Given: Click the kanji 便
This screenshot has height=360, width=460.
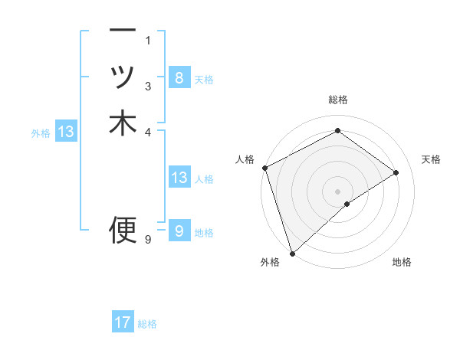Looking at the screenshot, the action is (x=123, y=228).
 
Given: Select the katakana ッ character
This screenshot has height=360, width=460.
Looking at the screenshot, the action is (x=123, y=77).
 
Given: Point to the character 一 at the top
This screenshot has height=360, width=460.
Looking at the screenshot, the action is (x=123, y=31).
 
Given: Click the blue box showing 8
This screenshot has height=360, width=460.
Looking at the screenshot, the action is (x=179, y=77).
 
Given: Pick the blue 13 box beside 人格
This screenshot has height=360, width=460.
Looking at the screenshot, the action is (x=179, y=178).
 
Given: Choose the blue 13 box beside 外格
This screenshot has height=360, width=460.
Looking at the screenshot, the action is (x=66, y=132).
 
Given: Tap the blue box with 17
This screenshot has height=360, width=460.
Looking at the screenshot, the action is (x=123, y=322).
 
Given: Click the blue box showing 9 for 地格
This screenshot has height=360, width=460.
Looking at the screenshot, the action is (x=179, y=231).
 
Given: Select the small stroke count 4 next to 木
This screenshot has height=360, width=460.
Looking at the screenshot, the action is (x=148, y=131).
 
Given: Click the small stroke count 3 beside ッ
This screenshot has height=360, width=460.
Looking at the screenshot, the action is (x=148, y=85).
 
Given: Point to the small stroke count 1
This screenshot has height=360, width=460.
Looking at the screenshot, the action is (x=148, y=40).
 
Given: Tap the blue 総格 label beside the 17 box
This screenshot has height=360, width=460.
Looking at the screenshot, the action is (x=147, y=324).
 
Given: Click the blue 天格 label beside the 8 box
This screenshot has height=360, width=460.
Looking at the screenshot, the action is (x=204, y=80).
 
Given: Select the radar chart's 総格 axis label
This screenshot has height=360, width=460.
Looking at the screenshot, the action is (x=337, y=100).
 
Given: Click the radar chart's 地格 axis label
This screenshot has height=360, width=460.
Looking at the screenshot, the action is (x=402, y=263).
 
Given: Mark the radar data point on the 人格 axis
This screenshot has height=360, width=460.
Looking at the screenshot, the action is (x=264, y=168).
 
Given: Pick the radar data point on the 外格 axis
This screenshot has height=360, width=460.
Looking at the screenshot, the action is (x=292, y=253).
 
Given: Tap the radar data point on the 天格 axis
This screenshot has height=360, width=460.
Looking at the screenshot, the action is (x=396, y=172).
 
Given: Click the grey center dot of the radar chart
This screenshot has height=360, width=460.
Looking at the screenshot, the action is (x=337, y=191).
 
